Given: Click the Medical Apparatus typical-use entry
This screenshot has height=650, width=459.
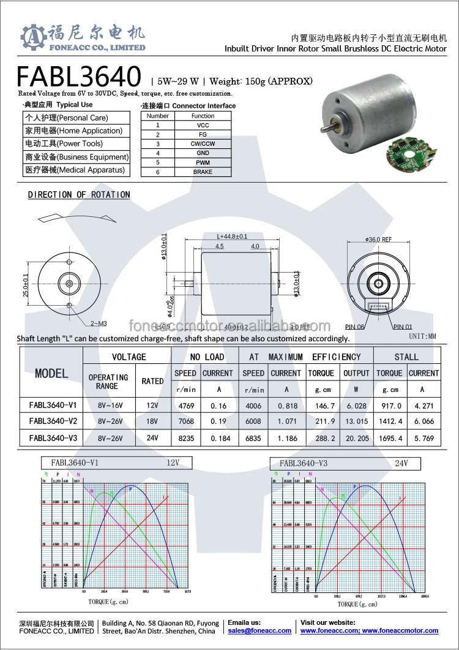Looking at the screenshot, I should pos(74,170).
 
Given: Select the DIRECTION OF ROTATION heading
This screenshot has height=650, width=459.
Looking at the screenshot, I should pos(79,195).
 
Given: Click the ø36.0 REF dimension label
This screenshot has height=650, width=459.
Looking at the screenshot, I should pos(378,240).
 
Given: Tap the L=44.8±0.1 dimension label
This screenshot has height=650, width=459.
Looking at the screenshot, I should pos(233,236).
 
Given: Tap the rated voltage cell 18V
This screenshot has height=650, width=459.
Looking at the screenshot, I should pos(152,421).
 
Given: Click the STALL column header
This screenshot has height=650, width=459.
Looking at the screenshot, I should pos(406,357).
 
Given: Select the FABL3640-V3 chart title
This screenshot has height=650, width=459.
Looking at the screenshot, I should pos(304,463).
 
